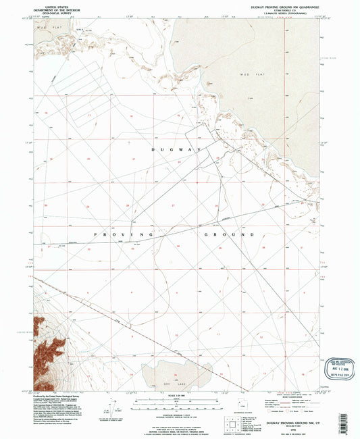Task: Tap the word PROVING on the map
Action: [110, 234]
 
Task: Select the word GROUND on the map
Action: [223, 234]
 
